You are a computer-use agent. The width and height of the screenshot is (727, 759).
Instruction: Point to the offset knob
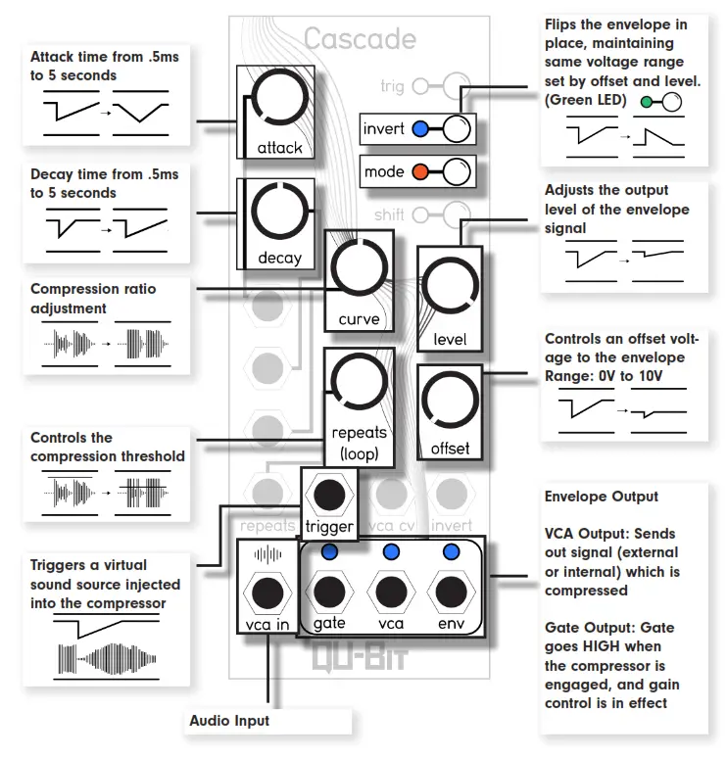(x=450, y=403)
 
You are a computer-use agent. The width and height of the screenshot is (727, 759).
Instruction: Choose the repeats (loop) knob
(x=360, y=385)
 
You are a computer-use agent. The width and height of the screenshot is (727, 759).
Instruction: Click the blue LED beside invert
(x=420, y=129)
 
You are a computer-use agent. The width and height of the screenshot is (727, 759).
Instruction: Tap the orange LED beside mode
(x=420, y=172)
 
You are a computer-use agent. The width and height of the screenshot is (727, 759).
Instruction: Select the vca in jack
(x=266, y=593)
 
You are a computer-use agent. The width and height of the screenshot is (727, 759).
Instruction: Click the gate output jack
(x=329, y=593)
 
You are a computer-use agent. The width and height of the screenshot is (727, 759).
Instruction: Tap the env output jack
(x=451, y=593)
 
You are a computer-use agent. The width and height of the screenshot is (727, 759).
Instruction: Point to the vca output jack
(x=390, y=593)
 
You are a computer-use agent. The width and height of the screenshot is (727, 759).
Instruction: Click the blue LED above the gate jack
(x=329, y=552)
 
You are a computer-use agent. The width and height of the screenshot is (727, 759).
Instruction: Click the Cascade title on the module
(x=360, y=39)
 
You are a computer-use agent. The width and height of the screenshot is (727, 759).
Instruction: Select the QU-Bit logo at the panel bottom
(x=358, y=654)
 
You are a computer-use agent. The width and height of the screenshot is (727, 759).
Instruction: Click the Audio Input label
(x=229, y=721)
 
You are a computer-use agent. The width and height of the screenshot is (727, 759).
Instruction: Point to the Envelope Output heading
(x=601, y=497)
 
